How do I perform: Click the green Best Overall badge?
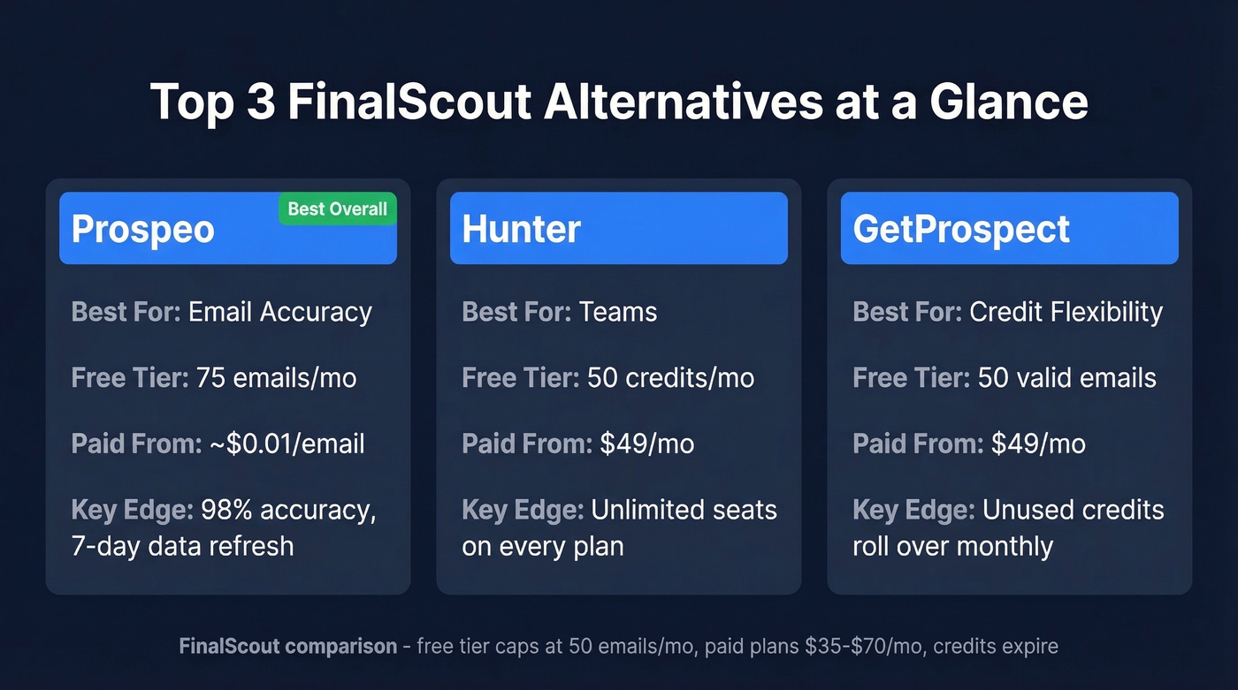[338, 209]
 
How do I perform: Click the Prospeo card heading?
[143, 230]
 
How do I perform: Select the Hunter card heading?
[521, 230]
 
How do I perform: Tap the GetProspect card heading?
[961, 230]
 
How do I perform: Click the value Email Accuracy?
[280, 312]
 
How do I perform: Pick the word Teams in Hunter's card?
[618, 312]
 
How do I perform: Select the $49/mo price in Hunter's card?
[646, 444]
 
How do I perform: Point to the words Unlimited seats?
[684, 511]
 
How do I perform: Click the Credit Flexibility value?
[1066, 312]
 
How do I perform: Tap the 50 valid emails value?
[1066, 378]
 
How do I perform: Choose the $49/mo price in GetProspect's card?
[1037, 444]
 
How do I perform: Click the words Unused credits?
[1074, 511]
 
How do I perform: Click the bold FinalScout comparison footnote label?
[287, 647]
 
